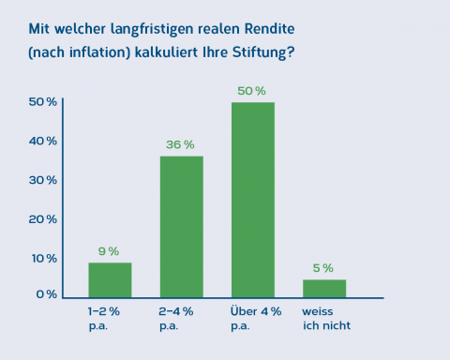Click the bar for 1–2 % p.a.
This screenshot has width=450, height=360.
coord(110,279)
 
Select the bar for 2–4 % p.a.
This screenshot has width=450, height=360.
coord(181,226)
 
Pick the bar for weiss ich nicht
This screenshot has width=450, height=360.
coord(323,287)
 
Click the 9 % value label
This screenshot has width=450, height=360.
coord(109,251)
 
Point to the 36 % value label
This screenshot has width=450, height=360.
coord(181,144)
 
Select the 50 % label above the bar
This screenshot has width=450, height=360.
coord(252,91)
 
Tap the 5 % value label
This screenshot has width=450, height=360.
coord(323,268)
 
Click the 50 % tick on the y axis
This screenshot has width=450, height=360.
coord(43,101)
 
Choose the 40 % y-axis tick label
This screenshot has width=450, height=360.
coord(43,141)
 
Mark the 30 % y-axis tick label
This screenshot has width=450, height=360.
coord(43,179)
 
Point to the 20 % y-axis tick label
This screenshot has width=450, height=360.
coord(43,218)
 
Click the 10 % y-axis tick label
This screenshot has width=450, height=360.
coord(43,258)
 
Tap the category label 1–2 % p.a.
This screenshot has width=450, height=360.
coord(104,316)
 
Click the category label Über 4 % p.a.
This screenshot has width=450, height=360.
coord(255,316)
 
